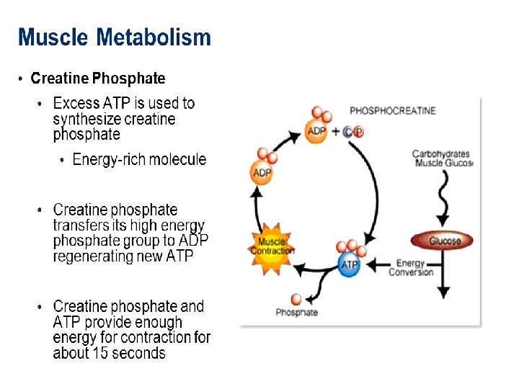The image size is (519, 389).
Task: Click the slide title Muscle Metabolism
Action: [115, 37]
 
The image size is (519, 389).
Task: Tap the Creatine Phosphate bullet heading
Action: [98, 79]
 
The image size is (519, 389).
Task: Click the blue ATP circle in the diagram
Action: [350, 264]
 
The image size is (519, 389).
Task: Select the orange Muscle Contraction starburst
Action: [272, 246]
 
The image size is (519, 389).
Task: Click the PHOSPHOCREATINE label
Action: [392, 111]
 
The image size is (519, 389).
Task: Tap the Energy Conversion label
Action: [411, 268]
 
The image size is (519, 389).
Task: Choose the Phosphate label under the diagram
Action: [296, 313]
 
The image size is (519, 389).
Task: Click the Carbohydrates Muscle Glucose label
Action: [442, 158]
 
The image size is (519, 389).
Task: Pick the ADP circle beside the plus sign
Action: [316, 131]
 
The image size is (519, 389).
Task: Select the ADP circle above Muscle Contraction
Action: [262, 173]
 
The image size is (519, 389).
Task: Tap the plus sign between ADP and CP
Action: [335, 131]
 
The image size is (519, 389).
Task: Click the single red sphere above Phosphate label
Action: [296, 299]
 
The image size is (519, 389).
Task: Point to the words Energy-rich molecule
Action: [139, 160]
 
